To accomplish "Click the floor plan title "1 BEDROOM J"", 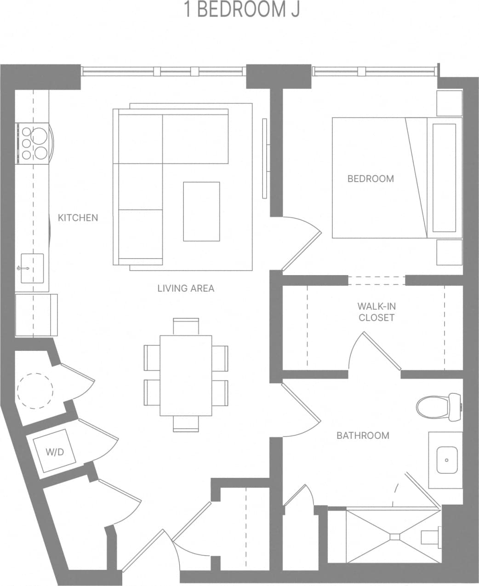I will (x=242, y=10).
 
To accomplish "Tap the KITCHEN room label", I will (x=78, y=218).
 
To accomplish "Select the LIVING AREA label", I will (x=186, y=288).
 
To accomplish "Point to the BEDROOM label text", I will (x=371, y=178).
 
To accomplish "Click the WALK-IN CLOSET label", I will (x=376, y=312).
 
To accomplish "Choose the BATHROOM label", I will (x=363, y=435).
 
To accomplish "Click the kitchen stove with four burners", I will (x=33, y=143).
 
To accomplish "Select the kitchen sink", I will (x=32, y=269).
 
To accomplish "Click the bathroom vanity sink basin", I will (x=446, y=460).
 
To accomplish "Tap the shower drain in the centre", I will (x=395, y=536).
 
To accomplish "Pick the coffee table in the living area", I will (x=201, y=211).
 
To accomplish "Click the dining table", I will (x=186, y=375).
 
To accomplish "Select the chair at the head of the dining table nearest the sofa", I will (x=186, y=325).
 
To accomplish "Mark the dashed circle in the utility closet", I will (x=35, y=391).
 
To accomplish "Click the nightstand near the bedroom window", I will (x=449, y=103).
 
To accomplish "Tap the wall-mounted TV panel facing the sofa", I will (x=265, y=158).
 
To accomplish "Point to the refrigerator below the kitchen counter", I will (x=36, y=315).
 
